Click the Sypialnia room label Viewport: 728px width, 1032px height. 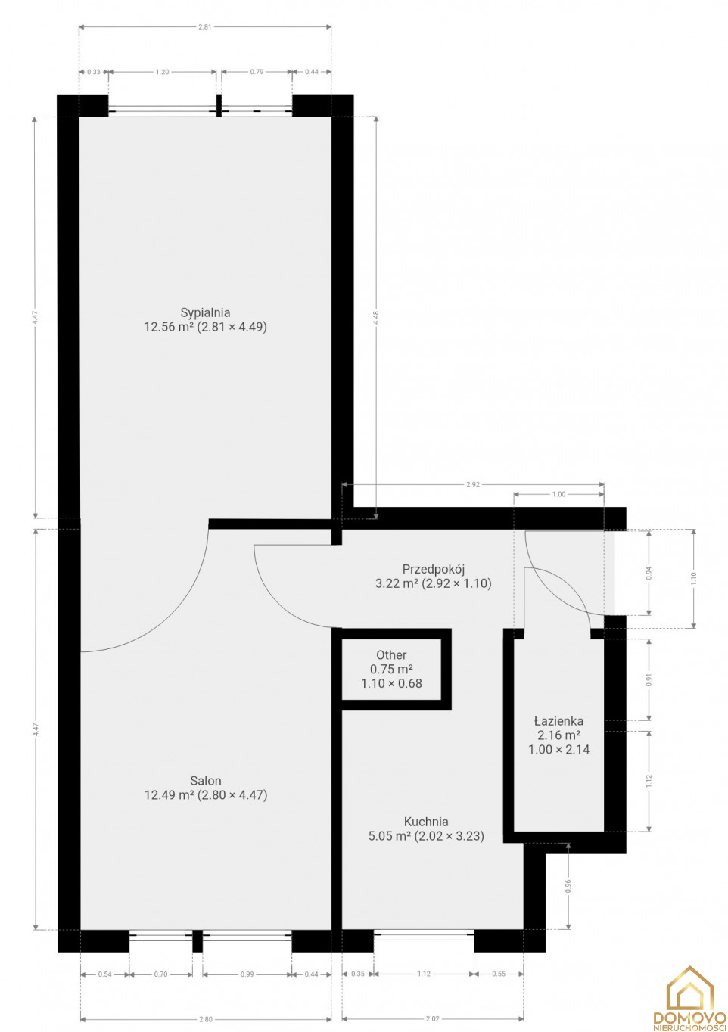click(205, 312)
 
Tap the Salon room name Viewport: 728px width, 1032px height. click(206, 781)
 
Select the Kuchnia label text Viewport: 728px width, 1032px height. click(426, 822)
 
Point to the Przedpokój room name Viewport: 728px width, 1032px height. click(433, 569)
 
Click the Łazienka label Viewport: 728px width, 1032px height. click(558, 721)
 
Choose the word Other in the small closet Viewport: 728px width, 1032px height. click(391, 654)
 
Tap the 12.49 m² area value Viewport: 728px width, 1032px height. click(169, 794)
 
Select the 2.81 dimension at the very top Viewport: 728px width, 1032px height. click(204, 26)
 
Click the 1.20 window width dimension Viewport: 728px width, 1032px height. click(162, 72)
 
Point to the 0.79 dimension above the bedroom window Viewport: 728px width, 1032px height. click(257, 72)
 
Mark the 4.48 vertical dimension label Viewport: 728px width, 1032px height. click(376, 318)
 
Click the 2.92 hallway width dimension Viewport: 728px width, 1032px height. click(473, 484)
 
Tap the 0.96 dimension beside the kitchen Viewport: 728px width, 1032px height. click(568, 885)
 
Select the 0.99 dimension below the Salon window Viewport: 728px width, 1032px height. click(247, 974)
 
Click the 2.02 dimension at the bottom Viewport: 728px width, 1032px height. click(433, 1019)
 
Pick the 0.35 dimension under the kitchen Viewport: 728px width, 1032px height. click(357, 974)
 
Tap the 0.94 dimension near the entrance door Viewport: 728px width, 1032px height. click(649, 572)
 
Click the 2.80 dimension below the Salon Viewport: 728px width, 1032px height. click(206, 1019)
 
